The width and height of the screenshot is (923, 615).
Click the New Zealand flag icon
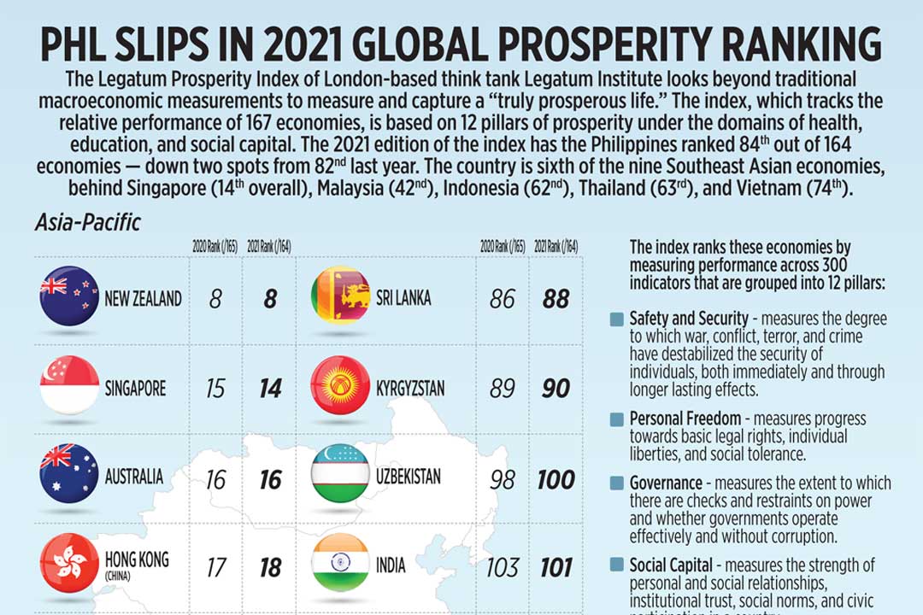tap(69, 296)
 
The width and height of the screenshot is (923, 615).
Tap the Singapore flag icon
tap(69, 386)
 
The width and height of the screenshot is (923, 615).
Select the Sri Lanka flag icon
tap(340, 296)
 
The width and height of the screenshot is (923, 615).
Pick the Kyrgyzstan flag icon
tap(340, 386)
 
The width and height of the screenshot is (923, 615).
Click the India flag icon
tap(340, 564)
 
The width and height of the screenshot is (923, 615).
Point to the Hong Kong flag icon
tap(69, 564)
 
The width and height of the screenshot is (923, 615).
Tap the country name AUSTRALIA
tap(134, 477)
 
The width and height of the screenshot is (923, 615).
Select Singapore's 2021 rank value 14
tap(270, 389)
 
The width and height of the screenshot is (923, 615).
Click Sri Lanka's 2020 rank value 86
tap(503, 299)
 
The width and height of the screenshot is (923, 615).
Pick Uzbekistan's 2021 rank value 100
tap(556, 479)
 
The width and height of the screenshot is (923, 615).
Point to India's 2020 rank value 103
tap(503, 566)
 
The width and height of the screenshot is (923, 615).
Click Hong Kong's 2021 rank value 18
tap(270, 566)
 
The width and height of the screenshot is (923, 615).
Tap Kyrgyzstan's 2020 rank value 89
tap(503, 389)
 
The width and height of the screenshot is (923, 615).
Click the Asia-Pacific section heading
tap(87, 224)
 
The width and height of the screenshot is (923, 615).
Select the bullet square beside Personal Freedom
tap(616, 419)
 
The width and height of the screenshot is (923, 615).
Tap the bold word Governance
tap(666, 483)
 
